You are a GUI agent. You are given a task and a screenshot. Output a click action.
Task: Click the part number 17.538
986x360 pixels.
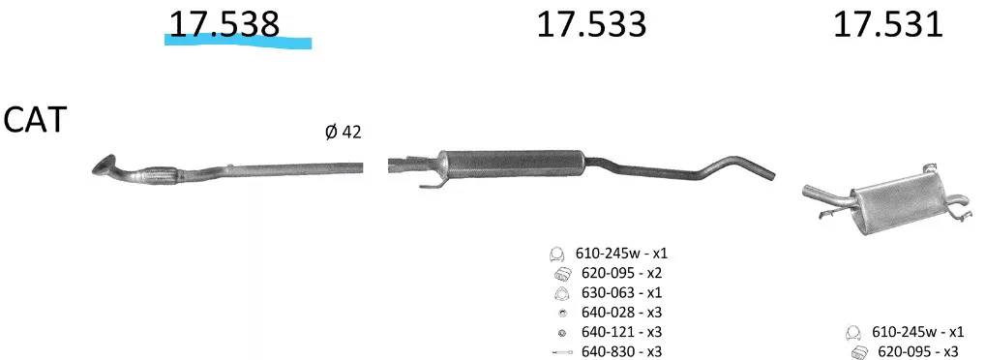coord(224,24)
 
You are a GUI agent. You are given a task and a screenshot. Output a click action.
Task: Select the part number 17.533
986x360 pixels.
coord(591,24)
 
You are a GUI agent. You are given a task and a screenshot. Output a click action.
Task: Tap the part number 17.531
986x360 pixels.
coord(888,24)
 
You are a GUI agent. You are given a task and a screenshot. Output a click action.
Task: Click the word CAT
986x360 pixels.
coord(35,120)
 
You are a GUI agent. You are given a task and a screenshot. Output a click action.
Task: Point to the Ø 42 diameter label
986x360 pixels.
coord(343,133)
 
